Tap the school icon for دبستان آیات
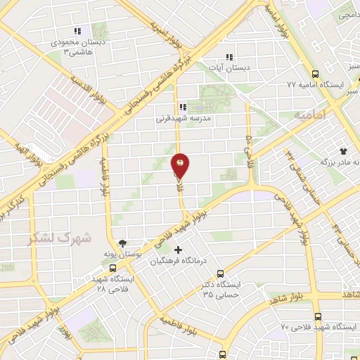[228, 58]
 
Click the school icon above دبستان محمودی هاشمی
[77, 31]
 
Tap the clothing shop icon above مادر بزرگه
[343, 150]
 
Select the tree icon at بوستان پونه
[124, 241]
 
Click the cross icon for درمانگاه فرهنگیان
[178, 249]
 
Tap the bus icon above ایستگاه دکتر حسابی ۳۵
[221, 274]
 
